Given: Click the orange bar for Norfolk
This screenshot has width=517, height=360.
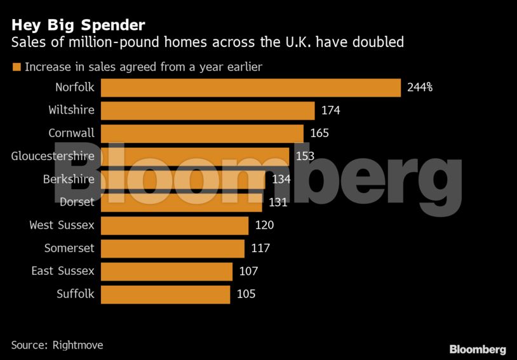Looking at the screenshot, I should (251, 88).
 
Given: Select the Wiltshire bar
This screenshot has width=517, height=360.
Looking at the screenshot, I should (208, 110).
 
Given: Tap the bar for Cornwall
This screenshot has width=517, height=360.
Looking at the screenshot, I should (202, 133).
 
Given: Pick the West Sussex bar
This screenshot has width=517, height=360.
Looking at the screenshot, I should (175, 225).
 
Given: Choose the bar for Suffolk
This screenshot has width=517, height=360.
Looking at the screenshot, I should (165, 294).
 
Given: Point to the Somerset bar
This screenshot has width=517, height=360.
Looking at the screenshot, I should (173, 248).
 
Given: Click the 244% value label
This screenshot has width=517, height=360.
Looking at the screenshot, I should (420, 88).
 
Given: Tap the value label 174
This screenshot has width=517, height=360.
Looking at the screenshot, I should (331, 110).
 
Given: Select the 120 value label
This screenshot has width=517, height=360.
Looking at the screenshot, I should (264, 225).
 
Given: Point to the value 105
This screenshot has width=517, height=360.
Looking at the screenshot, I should (246, 294).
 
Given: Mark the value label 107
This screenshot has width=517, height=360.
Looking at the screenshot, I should (248, 271).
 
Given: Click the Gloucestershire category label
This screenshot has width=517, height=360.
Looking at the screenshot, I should (53, 156).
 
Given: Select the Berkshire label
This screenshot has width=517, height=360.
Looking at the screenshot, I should (69, 179).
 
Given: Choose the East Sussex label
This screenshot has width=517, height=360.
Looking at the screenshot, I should (63, 271).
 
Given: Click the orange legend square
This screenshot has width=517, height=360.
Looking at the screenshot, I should (16, 67).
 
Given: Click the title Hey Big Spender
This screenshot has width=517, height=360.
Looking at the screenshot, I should (78, 25).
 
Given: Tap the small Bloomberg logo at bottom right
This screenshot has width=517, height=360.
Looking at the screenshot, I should (478, 349).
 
